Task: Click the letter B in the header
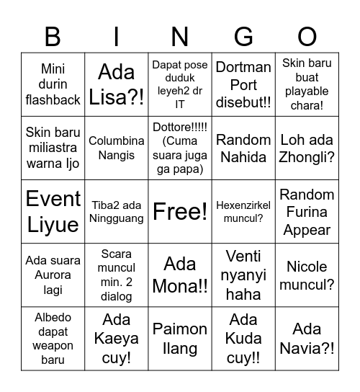click(53, 36)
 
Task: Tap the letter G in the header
click(243, 36)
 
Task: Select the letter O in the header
click(307, 36)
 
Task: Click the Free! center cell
click(180, 212)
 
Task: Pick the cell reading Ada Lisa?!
click(117, 84)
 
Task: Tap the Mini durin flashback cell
click(53, 84)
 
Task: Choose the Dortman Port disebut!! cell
click(243, 84)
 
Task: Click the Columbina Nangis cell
click(117, 148)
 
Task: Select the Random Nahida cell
click(243, 148)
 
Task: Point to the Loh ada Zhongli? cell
click(307, 148)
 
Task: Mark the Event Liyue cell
click(53, 212)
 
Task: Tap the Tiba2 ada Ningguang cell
click(117, 212)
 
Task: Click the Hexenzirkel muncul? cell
click(243, 212)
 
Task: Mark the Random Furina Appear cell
click(307, 212)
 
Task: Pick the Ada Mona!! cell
click(180, 275)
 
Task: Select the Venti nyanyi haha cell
click(243, 275)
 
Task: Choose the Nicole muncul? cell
click(307, 275)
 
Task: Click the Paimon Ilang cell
click(180, 339)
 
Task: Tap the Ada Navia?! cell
click(307, 339)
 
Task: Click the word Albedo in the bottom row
click(53, 318)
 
